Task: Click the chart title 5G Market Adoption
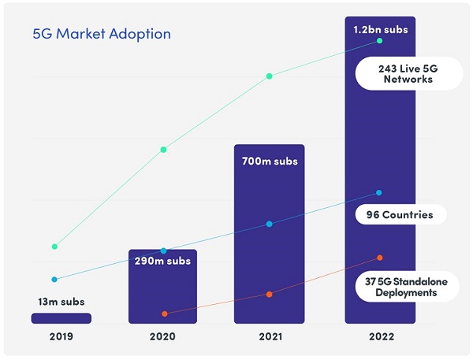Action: click(101, 34)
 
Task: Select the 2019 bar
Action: click(61, 317)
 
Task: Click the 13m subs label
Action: click(61, 301)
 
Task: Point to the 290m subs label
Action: click(163, 260)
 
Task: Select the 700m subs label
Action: click(269, 161)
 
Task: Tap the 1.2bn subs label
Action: click(379, 30)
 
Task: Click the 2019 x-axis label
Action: click(61, 336)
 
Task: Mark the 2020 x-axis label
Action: click(163, 336)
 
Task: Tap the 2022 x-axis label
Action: click(379, 336)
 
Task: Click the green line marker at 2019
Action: click(54, 247)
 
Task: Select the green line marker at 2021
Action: click(269, 76)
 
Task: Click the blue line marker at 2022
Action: click(379, 193)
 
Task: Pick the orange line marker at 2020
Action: click(164, 314)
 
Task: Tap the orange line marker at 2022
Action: click(379, 258)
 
